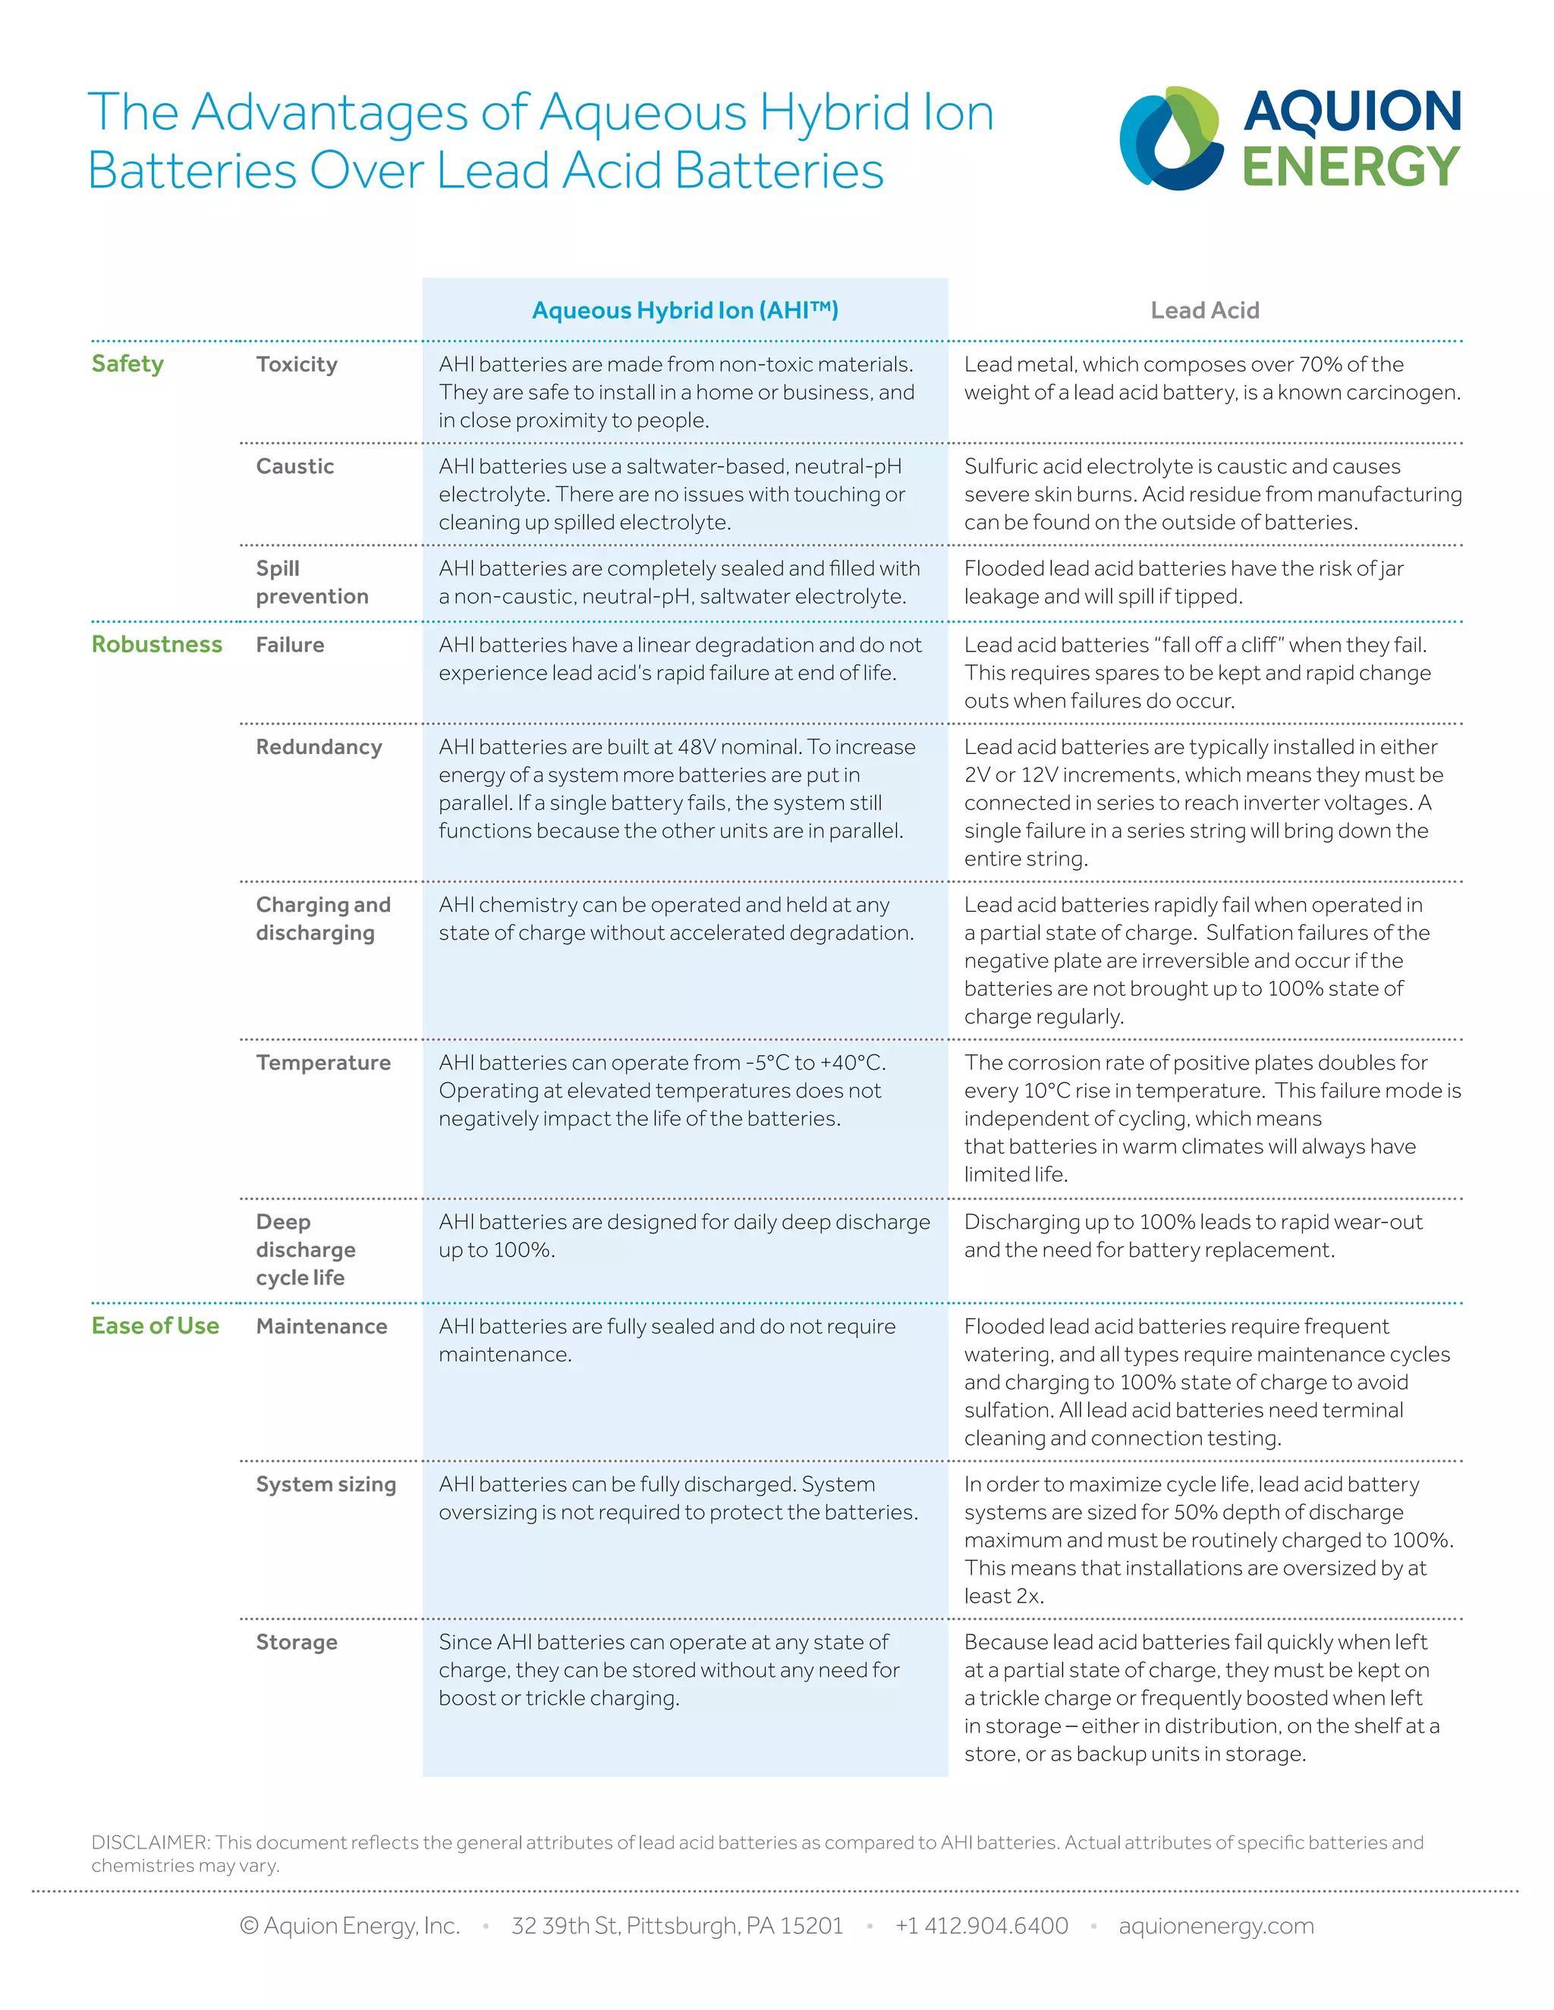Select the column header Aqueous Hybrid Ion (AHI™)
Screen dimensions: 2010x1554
(x=685, y=310)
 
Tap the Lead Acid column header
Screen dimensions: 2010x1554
(x=1204, y=310)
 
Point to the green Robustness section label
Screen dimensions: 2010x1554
(x=156, y=644)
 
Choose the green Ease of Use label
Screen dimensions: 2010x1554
(x=155, y=1325)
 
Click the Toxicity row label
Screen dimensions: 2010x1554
(x=297, y=364)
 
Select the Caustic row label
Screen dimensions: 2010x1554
(x=294, y=466)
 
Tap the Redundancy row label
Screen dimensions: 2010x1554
(x=319, y=747)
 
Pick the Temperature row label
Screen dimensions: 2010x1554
(x=323, y=1063)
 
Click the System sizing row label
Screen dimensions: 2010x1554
(x=326, y=1484)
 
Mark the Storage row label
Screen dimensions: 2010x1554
(x=297, y=1642)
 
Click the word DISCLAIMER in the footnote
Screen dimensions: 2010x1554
(x=151, y=1842)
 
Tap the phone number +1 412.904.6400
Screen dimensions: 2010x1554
(x=981, y=1925)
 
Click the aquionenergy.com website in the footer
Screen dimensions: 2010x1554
(x=1216, y=1925)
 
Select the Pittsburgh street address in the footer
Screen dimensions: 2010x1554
(x=677, y=1925)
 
